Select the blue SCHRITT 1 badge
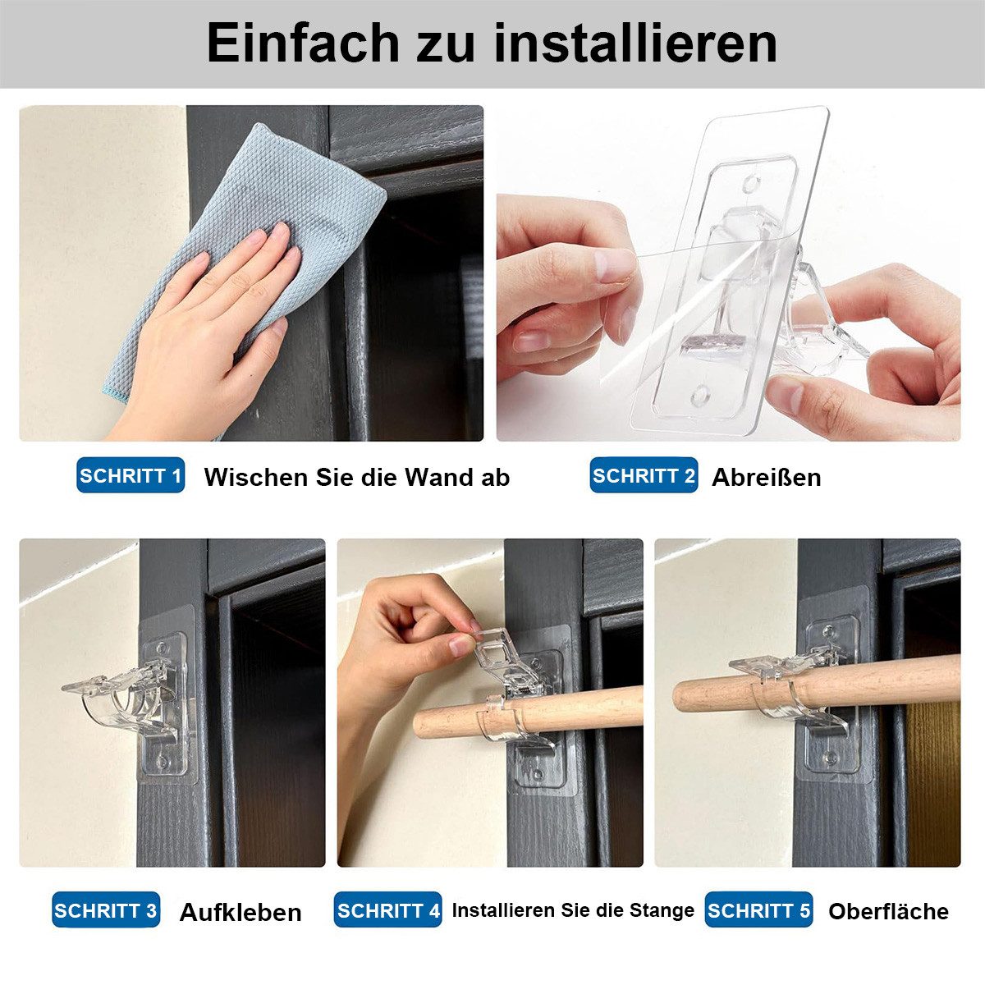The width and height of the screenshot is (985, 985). coord(131,476)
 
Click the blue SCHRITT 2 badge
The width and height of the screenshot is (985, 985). coord(644,476)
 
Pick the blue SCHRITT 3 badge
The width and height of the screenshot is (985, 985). coord(106,910)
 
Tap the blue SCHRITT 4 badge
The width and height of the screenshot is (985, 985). coord(387,910)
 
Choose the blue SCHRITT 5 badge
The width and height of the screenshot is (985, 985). coord(758,910)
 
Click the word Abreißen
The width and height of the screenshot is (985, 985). coord(766,478)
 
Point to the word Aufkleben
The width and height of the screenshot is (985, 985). coord(241,912)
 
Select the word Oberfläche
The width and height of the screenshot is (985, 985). coord(888,911)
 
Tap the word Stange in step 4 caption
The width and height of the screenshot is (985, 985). coord(662,910)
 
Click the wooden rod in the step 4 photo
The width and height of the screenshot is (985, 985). coord(575,710)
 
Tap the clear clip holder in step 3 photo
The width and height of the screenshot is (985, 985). coord(127,698)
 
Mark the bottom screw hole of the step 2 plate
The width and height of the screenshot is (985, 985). coord(700,396)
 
